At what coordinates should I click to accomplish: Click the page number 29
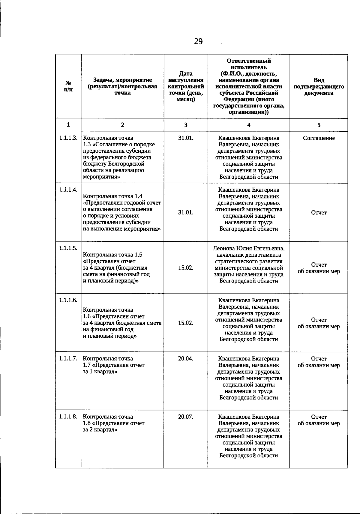[x=198, y=41]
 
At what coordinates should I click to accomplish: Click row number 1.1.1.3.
[x=68, y=138]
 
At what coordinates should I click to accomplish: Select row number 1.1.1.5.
[x=68, y=248]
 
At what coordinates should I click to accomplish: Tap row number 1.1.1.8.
[x=68, y=417]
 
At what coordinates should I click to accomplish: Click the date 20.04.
[x=186, y=358]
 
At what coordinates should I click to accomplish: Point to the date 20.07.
[x=186, y=417]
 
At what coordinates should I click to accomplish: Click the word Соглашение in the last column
[x=319, y=138]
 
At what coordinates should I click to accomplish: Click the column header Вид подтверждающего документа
[x=319, y=87]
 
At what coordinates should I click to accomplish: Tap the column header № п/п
[x=68, y=86]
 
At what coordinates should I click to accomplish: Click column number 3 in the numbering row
[x=186, y=125]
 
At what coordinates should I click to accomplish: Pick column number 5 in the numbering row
[x=319, y=125]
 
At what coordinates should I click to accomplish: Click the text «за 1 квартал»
[x=100, y=372]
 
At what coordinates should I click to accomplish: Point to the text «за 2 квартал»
[x=100, y=430]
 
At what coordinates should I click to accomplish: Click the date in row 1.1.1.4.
[x=186, y=213]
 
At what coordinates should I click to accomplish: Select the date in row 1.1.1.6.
[x=186, y=323]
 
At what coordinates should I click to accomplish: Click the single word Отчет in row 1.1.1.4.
[x=319, y=213]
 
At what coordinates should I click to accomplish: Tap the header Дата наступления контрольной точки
[x=186, y=86]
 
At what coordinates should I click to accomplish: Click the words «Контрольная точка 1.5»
[x=112, y=255]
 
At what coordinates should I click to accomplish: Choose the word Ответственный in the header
[x=249, y=61]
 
